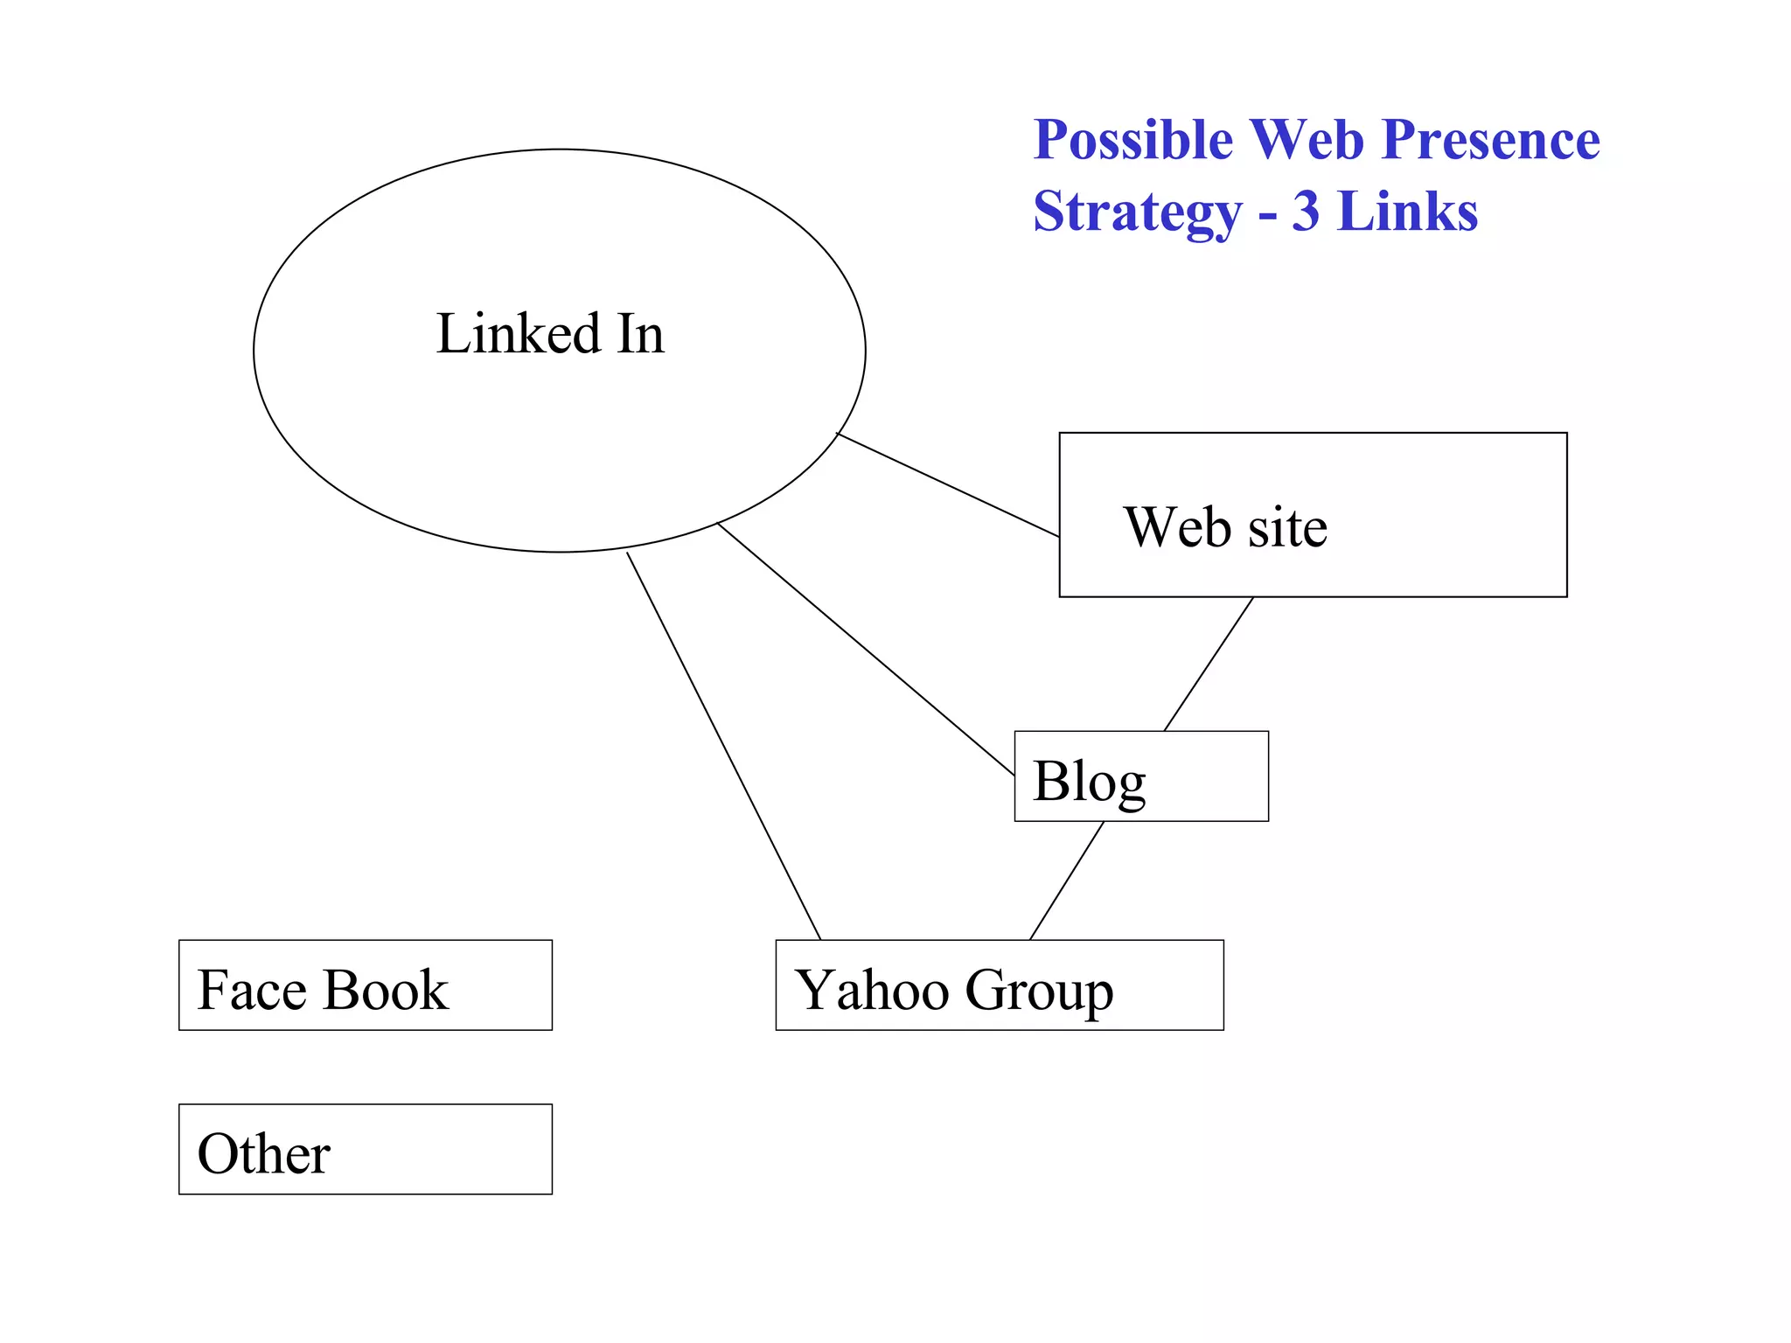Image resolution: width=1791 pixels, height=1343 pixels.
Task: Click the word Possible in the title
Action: click(1132, 140)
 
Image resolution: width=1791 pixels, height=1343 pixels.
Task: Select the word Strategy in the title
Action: click(1137, 212)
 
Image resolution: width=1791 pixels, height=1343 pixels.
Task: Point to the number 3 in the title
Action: click(1305, 212)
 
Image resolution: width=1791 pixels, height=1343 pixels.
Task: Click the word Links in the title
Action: click(1407, 212)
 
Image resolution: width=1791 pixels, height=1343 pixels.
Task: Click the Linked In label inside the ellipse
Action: click(550, 333)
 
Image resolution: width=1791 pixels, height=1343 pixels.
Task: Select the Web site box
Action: click(1312, 515)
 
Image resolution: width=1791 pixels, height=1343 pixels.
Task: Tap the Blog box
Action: click(1140, 776)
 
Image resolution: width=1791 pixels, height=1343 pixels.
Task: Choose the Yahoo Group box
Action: click(999, 985)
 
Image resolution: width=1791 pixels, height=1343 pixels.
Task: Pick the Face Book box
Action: click(365, 985)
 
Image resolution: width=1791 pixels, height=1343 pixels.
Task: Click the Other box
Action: click(365, 1149)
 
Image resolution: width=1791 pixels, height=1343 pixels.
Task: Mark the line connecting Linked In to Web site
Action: click(948, 484)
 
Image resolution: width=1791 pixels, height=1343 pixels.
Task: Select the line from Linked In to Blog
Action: click(866, 649)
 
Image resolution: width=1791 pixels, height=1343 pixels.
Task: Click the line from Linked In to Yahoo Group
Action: click(723, 745)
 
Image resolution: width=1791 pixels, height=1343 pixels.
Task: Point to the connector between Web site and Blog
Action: click(1209, 665)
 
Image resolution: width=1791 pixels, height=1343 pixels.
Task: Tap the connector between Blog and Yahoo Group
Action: click(1067, 880)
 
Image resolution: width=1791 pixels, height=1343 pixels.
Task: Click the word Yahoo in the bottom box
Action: click(872, 991)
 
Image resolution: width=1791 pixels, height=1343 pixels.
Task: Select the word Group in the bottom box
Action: click(1039, 991)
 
